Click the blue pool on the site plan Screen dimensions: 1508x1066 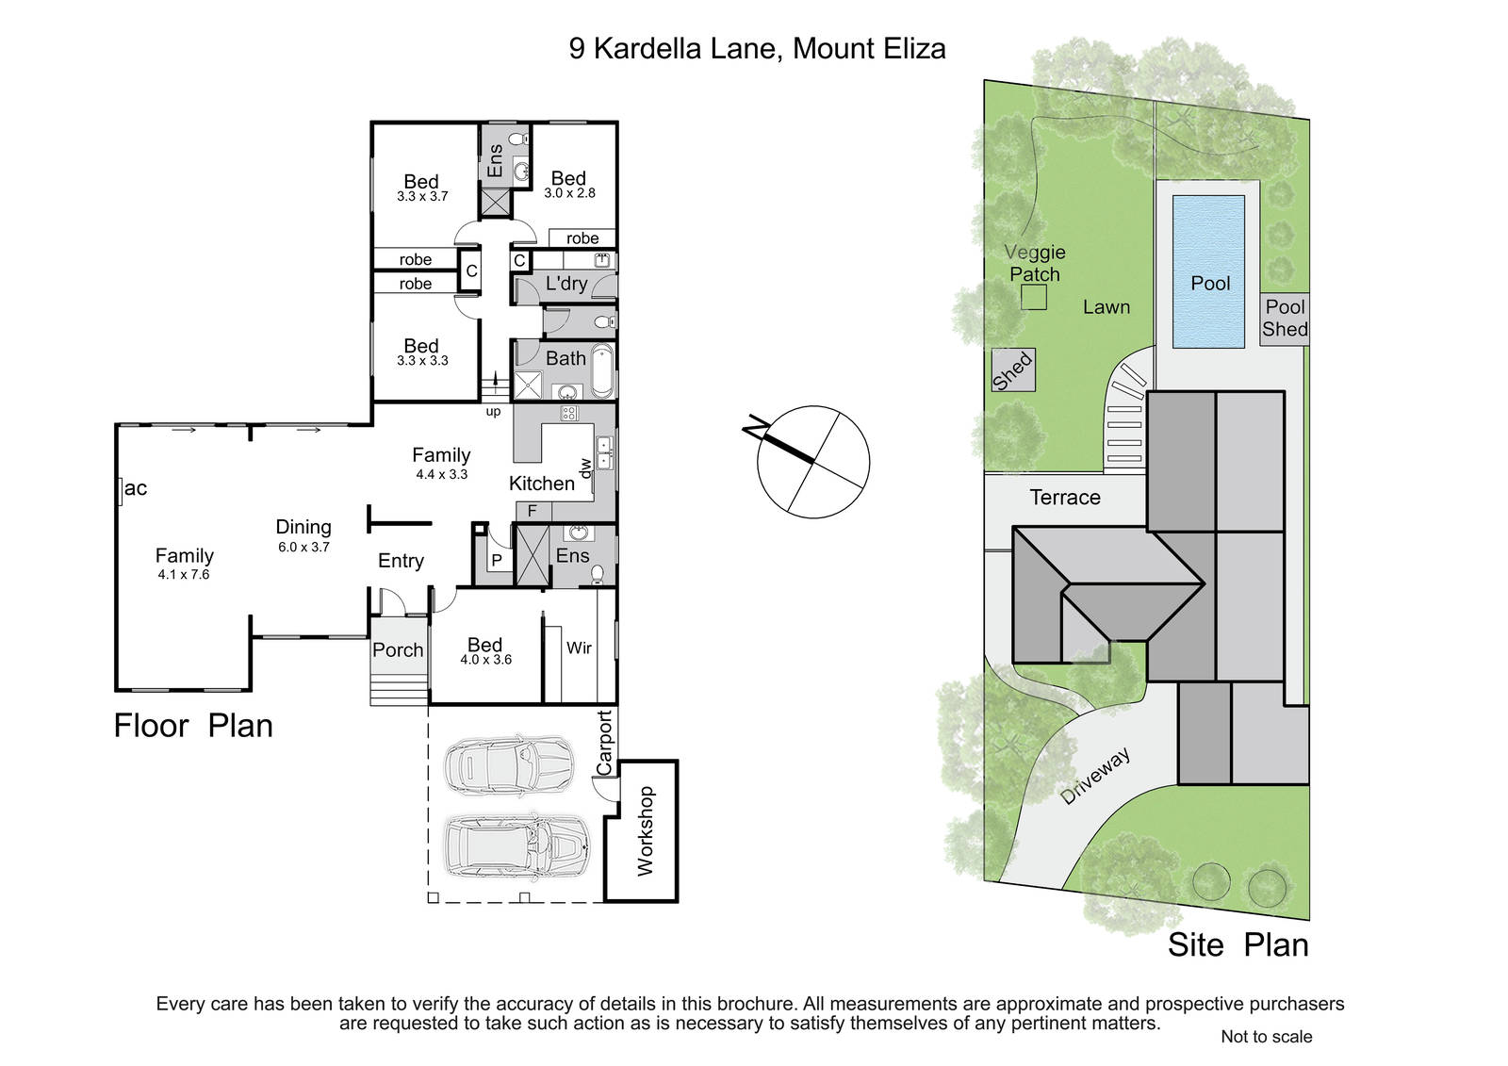point(1208,271)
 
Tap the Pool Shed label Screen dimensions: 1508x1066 point(1285,318)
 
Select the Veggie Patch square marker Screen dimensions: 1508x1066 point(1033,297)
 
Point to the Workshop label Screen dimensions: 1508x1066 point(645,830)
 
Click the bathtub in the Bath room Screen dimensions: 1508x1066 point(602,371)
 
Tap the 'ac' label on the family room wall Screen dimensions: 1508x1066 point(136,489)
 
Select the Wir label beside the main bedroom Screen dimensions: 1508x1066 point(579,648)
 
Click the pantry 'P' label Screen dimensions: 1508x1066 point(497,560)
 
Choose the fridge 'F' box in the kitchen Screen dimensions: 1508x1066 point(532,511)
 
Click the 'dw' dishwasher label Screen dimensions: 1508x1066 point(584,468)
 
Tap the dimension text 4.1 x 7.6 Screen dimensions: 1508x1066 point(184,574)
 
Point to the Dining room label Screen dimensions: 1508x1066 point(303,527)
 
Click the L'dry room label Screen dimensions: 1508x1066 point(566,284)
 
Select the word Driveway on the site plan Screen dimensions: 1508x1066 point(1094,776)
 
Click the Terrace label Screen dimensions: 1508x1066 point(1065,497)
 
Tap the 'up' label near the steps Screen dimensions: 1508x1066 point(493,412)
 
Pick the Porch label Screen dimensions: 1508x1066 point(398,649)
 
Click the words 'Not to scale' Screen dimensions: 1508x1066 point(1267,1037)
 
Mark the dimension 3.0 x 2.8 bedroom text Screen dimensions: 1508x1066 point(569,193)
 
